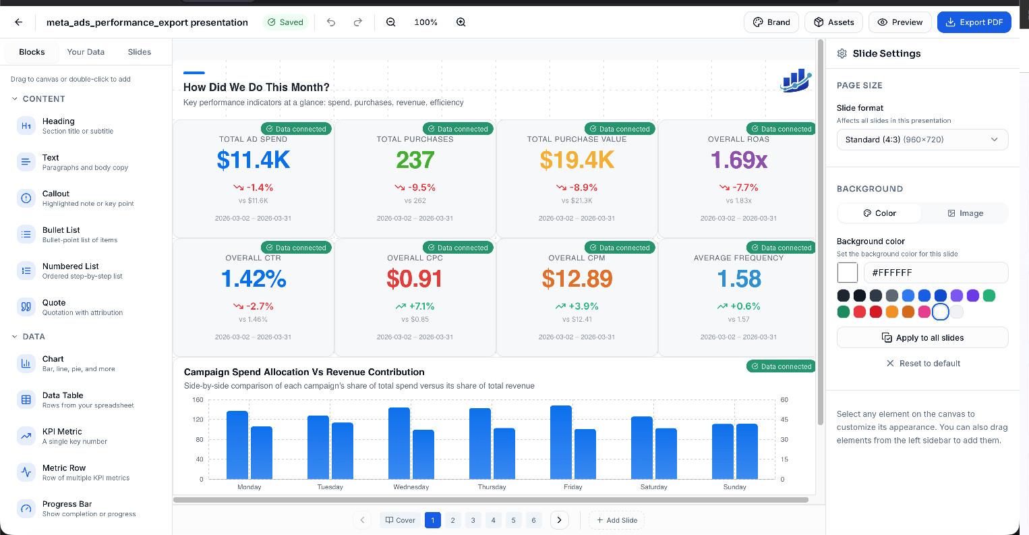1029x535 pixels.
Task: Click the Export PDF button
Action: click(x=974, y=22)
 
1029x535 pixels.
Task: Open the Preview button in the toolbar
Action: click(x=900, y=22)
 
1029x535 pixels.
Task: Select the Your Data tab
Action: click(x=86, y=52)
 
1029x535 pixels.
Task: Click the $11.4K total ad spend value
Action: click(x=254, y=160)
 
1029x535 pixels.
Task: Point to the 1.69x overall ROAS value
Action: click(x=739, y=160)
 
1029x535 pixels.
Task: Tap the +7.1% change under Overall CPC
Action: click(x=415, y=306)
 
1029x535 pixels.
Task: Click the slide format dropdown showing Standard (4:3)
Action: click(x=922, y=140)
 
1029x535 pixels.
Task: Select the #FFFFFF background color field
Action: click(x=935, y=273)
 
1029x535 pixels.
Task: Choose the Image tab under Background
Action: click(x=965, y=213)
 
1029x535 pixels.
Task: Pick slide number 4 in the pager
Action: click(x=494, y=520)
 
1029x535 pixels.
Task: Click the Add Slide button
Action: click(x=616, y=520)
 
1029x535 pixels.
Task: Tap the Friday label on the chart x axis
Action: click(x=573, y=487)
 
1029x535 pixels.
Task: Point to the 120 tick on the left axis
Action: click(x=198, y=420)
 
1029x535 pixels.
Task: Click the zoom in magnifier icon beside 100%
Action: click(x=461, y=22)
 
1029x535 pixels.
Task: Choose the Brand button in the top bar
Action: click(x=771, y=22)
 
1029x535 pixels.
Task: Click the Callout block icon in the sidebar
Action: click(x=26, y=198)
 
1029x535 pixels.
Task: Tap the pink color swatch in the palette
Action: click(x=924, y=312)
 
